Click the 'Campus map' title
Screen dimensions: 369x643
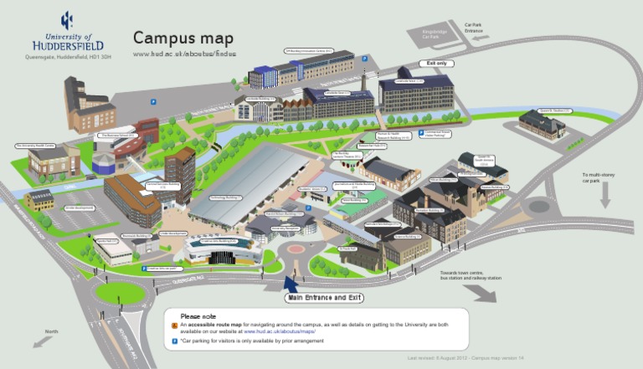click(183, 38)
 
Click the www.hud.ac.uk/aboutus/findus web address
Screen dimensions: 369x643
click(184, 54)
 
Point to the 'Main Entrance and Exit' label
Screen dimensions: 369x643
click(327, 298)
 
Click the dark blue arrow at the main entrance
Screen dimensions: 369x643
click(291, 284)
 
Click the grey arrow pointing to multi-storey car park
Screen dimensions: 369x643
click(604, 195)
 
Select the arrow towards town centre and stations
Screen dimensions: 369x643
click(480, 292)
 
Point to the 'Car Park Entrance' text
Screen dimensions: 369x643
click(474, 28)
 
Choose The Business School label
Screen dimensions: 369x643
click(117, 134)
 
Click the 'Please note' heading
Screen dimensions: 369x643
click(198, 316)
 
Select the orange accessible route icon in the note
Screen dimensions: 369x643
click(174, 324)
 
